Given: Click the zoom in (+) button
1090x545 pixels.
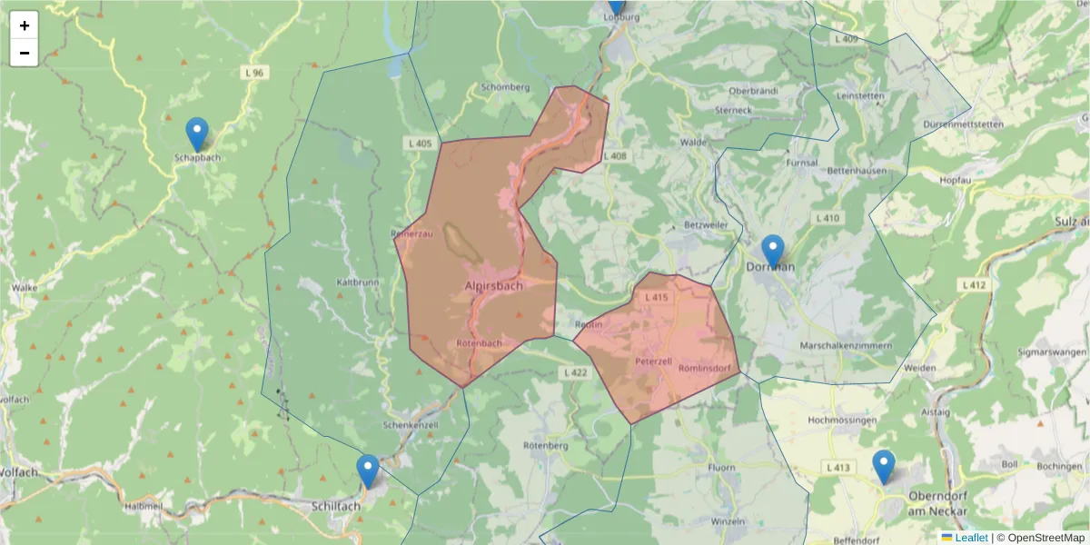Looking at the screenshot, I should [x=25, y=25].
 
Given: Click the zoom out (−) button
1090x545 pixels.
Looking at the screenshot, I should [x=25, y=53].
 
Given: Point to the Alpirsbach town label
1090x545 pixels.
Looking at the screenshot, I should [x=493, y=286].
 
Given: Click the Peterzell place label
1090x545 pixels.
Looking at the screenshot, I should [x=653, y=361].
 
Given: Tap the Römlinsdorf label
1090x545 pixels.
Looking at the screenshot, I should [x=705, y=368].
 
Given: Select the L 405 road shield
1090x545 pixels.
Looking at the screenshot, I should [x=421, y=144].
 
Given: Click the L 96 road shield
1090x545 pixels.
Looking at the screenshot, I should [x=253, y=72].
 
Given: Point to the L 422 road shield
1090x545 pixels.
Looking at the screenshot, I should [x=576, y=372].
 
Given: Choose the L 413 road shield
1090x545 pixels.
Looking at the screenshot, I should [x=838, y=468].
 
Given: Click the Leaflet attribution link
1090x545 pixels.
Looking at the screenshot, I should [x=971, y=538].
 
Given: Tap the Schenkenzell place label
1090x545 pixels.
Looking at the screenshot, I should [x=411, y=425].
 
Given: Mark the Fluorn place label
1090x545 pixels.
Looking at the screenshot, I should [x=721, y=468].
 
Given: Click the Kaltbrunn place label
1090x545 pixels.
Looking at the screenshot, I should [x=357, y=282].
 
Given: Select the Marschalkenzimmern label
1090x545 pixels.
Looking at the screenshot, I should [x=846, y=346].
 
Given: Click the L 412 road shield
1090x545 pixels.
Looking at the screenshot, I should [x=973, y=285].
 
